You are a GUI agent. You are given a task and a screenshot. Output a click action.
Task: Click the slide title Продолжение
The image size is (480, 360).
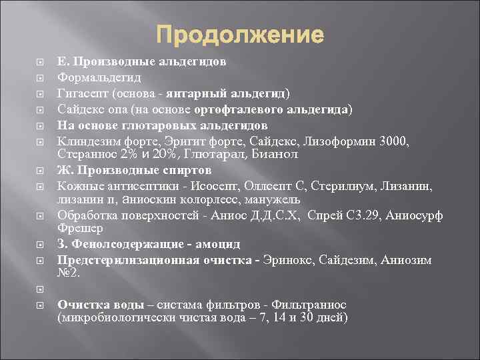pos(240,34)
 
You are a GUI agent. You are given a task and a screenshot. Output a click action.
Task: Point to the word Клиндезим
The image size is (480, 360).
pos(86,141)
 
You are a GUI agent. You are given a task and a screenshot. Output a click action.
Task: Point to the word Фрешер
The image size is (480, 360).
pos(79,228)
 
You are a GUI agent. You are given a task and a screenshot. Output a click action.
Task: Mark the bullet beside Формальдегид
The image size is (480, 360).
pos(41,77)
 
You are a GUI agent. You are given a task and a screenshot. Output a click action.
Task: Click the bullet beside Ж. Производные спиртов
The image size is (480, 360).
pos(41,170)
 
